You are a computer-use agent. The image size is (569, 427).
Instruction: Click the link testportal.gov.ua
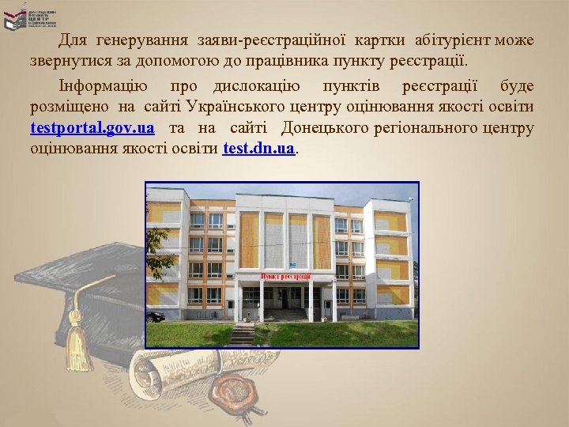pyautogui.click(x=92, y=128)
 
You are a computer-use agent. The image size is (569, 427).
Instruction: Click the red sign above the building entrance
pyautogui.click(x=285, y=275)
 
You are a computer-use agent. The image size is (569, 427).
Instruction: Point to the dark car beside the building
pyautogui.click(x=156, y=316)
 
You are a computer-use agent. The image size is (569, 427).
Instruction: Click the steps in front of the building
pyautogui.click(x=244, y=332)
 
